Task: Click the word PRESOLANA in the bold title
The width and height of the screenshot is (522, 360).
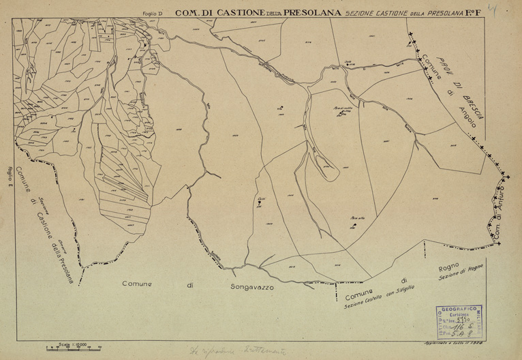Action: tap(313, 12)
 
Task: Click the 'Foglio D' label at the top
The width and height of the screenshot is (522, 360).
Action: tap(155, 13)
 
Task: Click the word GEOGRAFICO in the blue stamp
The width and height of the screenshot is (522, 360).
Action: tap(457, 310)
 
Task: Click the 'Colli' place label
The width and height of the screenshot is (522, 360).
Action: tap(261, 198)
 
